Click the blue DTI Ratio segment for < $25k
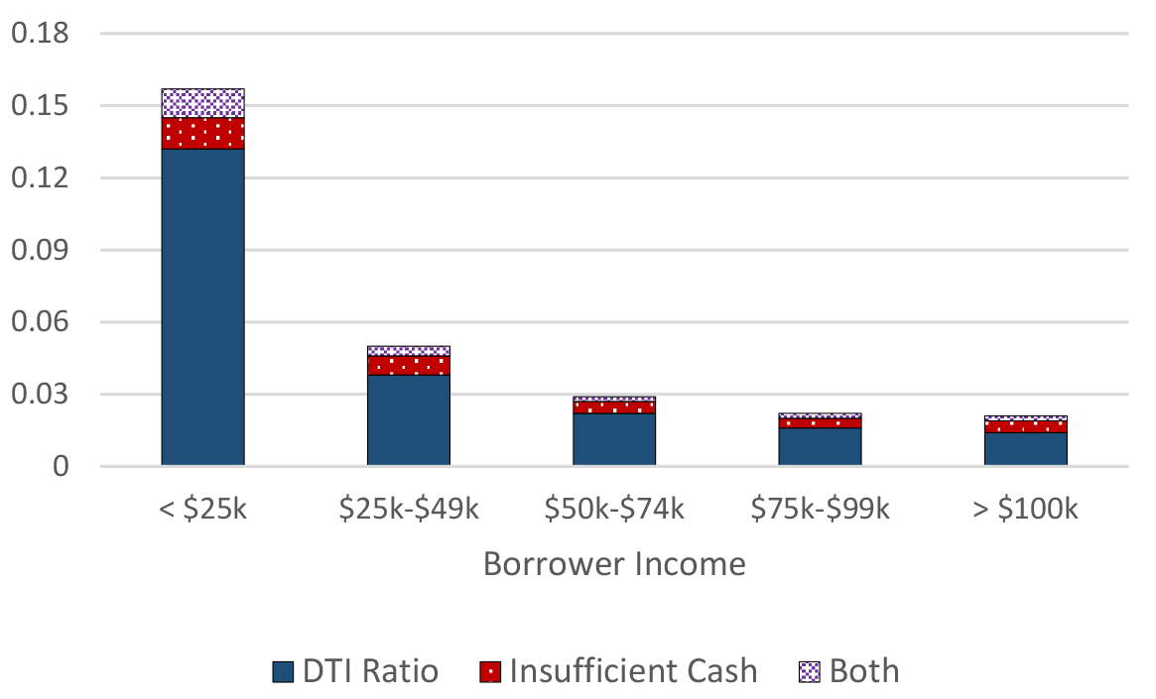coord(202,306)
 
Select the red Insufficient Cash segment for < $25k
coord(202,133)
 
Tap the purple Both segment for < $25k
coord(202,103)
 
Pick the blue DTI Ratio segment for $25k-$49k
coord(409,419)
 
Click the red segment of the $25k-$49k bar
coord(409,365)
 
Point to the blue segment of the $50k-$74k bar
coord(614,439)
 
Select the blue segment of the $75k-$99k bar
coord(820,446)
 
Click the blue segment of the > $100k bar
coord(1026,449)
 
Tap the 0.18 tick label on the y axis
coord(40,35)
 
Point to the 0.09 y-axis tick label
coord(40,251)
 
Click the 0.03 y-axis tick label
coord(40,395)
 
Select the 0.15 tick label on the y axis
coord(40,106)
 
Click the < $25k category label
coord(202,511)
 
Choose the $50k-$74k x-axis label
coord(614,511)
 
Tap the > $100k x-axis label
coord(1026,511)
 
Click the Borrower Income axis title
coord(614,564)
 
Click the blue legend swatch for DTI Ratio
coord(283,672)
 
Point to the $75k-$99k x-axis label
coord(820,511)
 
